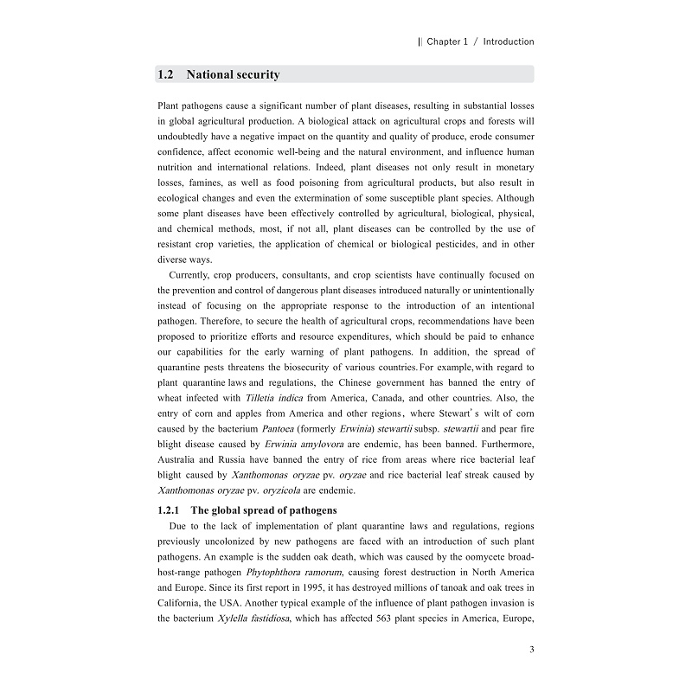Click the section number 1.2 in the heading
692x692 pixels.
point(166,74)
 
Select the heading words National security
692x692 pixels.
point(233,74)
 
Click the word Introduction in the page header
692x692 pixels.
point(509,42)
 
